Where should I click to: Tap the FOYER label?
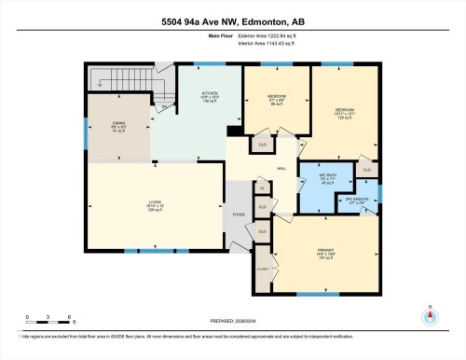point(239,214)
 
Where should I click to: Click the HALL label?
point(280,169)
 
